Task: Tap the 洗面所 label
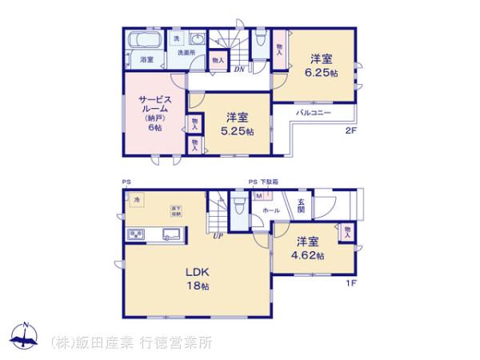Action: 186,53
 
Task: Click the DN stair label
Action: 239,69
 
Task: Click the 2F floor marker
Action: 350,131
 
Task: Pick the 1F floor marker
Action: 350,282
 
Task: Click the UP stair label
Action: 218,236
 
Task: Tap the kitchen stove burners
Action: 134,234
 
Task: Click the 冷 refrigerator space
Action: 137,199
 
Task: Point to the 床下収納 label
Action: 175,211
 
